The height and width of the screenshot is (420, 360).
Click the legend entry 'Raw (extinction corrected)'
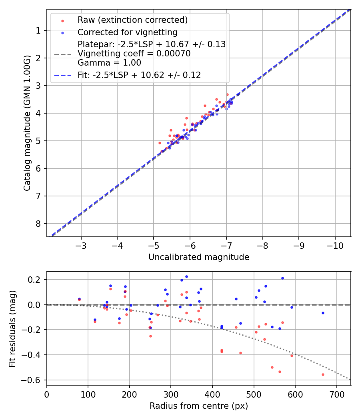click(x=132, y=20)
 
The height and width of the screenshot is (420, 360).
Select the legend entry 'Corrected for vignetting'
click(x=127, y=32)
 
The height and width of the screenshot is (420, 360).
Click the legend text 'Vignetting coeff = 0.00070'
click(x=134, y=54)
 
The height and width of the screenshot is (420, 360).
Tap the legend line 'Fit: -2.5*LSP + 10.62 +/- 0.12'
click(x=139, y=75)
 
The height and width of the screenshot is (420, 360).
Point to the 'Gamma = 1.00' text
click(x=109, y=63)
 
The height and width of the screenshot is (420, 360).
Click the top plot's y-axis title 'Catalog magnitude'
click(x=27, y=123)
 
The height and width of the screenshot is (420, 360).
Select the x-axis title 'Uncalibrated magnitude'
click(x=199, y=257)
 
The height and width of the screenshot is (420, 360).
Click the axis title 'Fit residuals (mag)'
click(x=12, y=328)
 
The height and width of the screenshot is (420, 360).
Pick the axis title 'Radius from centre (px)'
click(x=199, y=406)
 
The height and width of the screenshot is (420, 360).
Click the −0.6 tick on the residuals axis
click(x=34, y=380)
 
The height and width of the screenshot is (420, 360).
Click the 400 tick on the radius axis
click(x=212, y=394)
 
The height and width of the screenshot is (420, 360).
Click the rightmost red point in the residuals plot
click(x=323, y=374)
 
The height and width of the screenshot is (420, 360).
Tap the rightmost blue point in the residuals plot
click(x=323, y=313)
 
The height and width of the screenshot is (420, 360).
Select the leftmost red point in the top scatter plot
click(x=160, y=143)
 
